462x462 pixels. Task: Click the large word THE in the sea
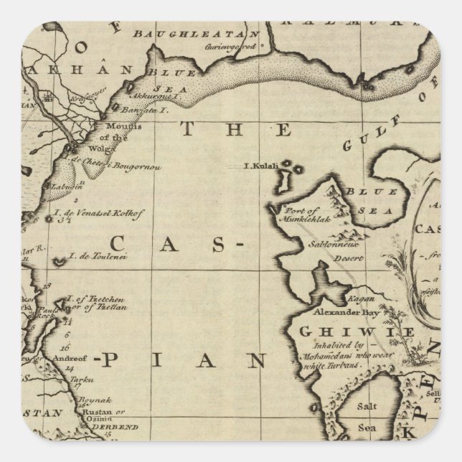236,130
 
